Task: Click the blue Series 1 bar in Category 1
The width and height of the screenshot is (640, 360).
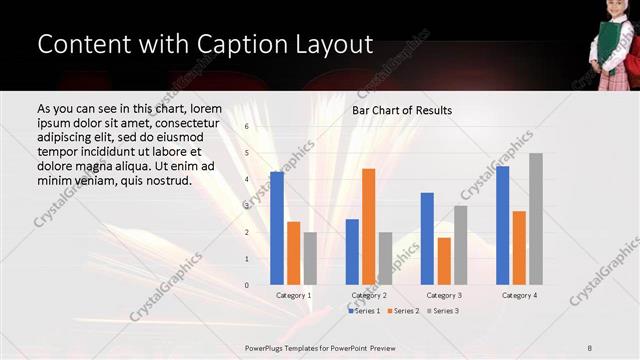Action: coord(277,228)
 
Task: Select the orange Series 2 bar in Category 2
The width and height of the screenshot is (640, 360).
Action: coord(368,227)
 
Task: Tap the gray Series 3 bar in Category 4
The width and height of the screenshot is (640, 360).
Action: coord(536,219)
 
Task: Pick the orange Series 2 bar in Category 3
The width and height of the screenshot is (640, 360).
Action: coord(444,261)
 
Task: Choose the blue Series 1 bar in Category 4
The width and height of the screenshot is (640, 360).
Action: coord(503,225)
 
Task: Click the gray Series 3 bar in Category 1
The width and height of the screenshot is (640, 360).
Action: coord(310,258)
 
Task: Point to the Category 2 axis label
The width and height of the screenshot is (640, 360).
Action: coord(369,296)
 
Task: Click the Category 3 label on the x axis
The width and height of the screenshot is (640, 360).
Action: coord(444,296)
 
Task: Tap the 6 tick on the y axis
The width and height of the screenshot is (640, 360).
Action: coord(246,127)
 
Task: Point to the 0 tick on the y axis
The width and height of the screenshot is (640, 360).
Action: coord(246,285)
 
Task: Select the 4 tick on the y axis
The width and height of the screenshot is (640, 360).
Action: coord(246,180)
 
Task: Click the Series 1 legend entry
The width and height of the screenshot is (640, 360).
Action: coord(365,311)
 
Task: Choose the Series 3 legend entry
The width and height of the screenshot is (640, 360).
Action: coord(443,311)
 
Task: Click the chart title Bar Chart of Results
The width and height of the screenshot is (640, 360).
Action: coord(402,110)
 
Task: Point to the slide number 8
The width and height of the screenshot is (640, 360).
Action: coord(590,346)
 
